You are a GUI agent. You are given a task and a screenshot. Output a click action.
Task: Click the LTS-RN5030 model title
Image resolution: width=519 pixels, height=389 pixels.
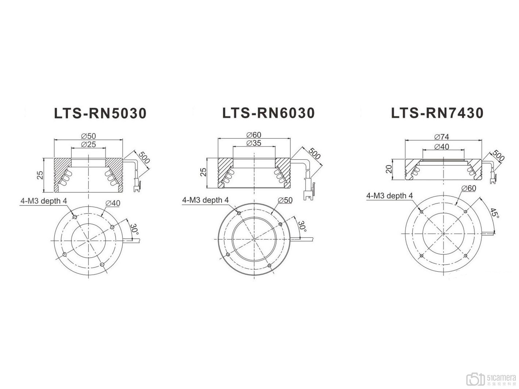[x=100, y=113]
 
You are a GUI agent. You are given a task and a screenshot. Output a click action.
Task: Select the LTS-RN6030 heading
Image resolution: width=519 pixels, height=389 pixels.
[x=268, y=113]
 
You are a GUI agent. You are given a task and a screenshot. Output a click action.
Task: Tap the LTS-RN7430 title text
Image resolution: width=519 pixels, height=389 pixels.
[x=437, y=113]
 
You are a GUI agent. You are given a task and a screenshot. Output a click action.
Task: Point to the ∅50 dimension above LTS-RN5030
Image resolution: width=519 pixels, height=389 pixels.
[x=88, y=136]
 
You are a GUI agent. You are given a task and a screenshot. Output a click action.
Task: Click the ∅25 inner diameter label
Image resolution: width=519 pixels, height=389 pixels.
[x=88, y=144]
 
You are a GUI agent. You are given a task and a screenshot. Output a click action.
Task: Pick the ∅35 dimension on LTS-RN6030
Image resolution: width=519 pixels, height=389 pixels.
[x=254, y=143]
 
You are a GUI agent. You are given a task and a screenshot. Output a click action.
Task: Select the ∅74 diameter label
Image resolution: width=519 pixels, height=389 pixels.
[x=442, y=136]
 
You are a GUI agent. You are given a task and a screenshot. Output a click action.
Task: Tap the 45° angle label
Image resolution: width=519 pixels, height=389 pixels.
[x=494, y=213]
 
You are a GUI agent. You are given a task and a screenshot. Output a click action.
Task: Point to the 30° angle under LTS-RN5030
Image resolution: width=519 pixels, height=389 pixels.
[x=134, y=229]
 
